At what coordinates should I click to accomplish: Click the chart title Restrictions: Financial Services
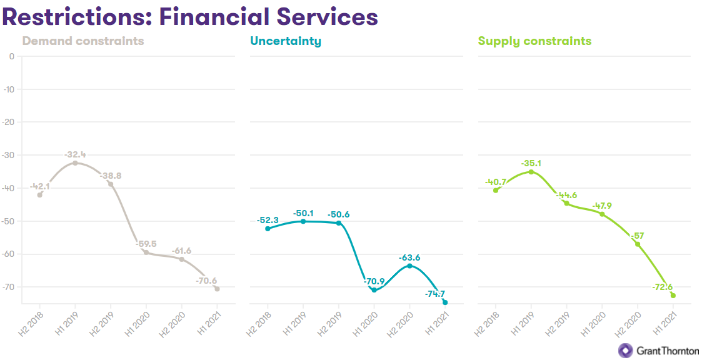tap(190, 16)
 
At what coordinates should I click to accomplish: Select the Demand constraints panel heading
tap(83, 42)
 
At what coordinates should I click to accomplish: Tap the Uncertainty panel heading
tap(286, 42)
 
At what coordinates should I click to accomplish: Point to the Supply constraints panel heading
tap(534, 42)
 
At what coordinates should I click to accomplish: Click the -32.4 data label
tap(75, 154)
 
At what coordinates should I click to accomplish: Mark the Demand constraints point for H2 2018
tap(40, 195)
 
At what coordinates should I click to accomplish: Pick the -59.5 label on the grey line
tap(146, 244)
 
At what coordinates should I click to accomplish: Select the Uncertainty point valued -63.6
tap(409, 266)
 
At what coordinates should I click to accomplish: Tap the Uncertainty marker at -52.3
tap(268, 229)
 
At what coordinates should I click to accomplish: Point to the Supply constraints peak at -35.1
tap(531, 172)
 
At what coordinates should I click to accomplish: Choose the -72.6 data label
tap(661, 287)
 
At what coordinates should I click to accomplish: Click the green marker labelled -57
tap(638, 244)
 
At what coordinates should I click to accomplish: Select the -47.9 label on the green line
tap(603, 206)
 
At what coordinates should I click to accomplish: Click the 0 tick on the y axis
tap(11, 56)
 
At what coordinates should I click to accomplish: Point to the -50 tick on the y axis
tap(9, 221)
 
